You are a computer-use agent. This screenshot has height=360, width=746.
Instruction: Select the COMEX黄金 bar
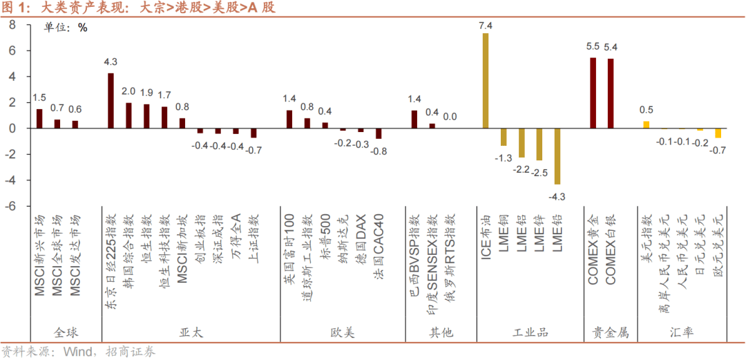pos(593,93)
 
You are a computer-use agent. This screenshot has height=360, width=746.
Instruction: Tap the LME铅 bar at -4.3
pos(557,155)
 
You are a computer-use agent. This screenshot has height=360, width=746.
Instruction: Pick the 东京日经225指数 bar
pos(111,101)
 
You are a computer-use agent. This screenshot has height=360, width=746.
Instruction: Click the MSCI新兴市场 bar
pos(39,119)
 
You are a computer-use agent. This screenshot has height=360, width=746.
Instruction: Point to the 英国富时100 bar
pos(289,120)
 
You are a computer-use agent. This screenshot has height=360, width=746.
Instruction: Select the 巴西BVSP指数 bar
pos(414,120)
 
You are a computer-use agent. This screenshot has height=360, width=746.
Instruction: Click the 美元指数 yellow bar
pos(647,125)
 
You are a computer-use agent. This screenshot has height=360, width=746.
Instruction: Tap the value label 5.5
pos(593,47)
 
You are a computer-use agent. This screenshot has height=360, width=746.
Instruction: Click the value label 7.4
pos(485,26)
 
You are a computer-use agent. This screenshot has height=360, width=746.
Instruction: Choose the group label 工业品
pos(530,332)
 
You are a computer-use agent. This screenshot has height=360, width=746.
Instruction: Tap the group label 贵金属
pos(611,332)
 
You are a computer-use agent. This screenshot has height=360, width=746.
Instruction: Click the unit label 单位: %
pos(66,28)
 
